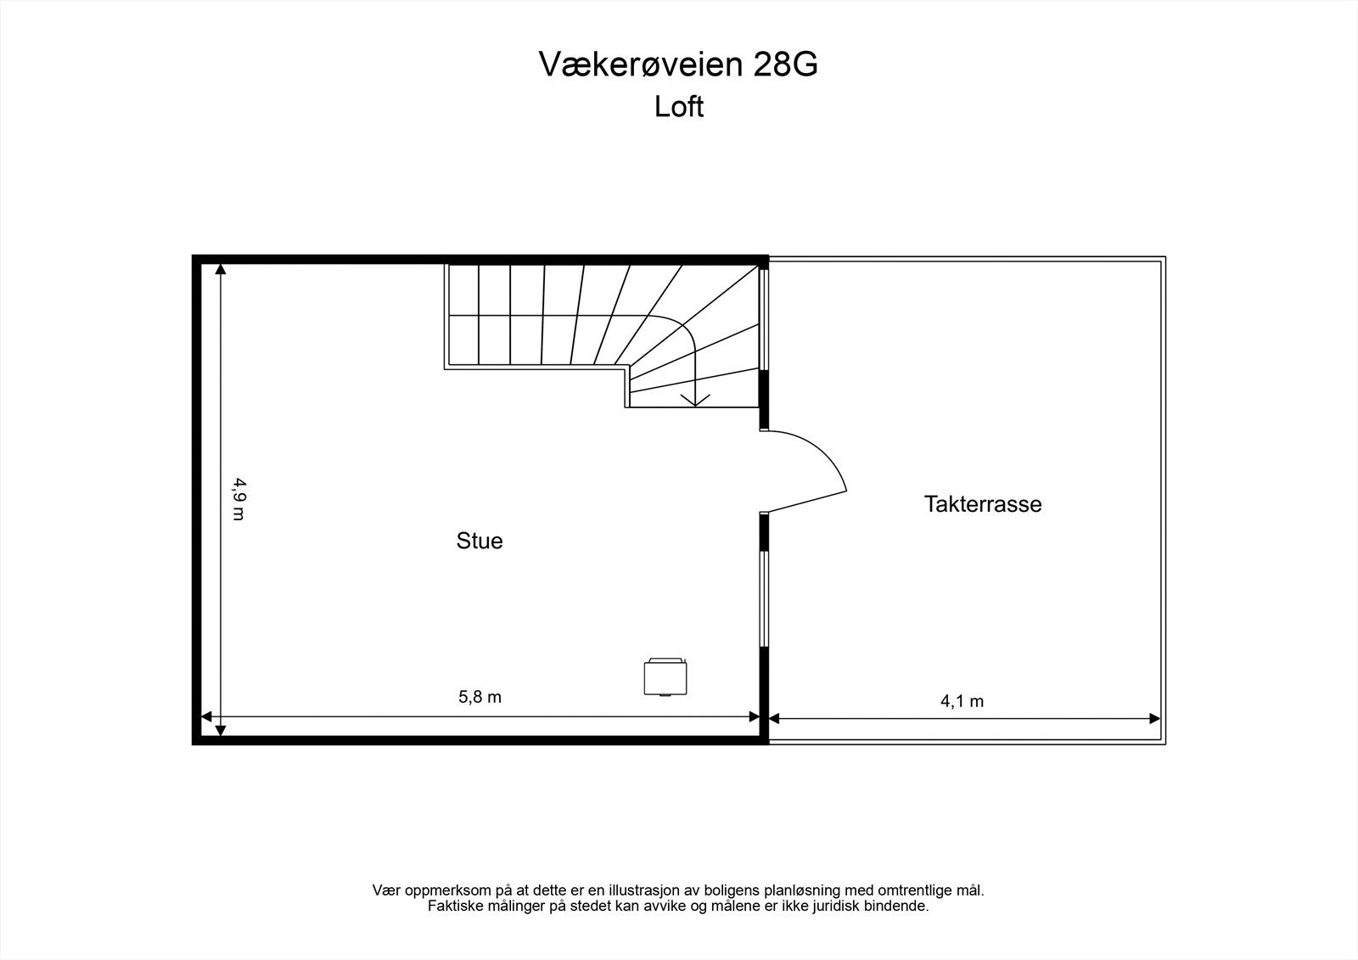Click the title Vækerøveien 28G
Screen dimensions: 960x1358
tap(678, 65)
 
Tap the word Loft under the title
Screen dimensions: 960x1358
tap(679, 107)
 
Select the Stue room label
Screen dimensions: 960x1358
tap(480, 541)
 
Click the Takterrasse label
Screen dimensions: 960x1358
tap(983, 504)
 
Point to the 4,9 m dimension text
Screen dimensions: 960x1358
tap(239, 499)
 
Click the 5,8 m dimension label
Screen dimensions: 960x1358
tap(480, 697)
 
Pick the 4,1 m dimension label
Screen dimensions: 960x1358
tap(962, 701)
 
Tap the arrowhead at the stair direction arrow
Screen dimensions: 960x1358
tap(696, 400)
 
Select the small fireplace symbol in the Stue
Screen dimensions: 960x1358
tap(666, 676)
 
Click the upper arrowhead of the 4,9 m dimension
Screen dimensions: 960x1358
tap(221, 270)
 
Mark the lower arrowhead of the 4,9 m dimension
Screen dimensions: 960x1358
tap(221, 729)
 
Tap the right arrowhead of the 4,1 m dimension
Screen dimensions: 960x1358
tap(1155, 718)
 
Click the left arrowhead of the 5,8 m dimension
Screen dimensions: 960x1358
tap(205, 717)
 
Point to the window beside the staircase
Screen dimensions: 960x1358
tap(763, 318)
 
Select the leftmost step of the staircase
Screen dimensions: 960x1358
tap(463, 316)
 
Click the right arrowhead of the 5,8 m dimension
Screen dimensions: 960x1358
tap(755, 717)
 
